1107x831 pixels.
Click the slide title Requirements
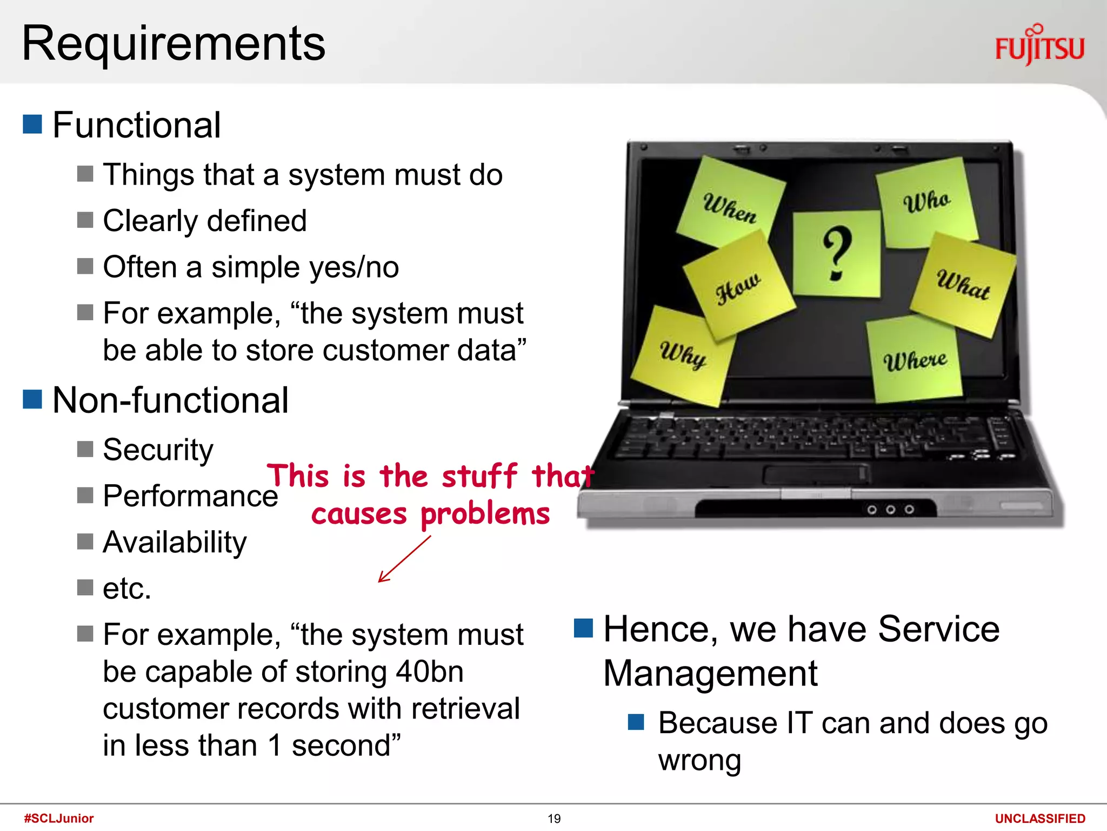tap(174, 43)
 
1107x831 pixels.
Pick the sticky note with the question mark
tap(836, 253)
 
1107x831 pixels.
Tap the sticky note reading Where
tap(915, 360)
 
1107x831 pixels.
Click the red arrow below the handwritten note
tap(404, 559)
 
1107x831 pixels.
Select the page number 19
tap(554, 819)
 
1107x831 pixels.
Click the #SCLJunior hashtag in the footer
tap(59, 818)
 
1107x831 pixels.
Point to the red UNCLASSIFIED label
tap(1040, 819)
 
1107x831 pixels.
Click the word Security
tap(158, 450)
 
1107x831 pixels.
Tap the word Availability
tap(175, 542)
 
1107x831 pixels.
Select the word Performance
tap(190, 496)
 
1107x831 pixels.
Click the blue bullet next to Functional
tap(32, 124)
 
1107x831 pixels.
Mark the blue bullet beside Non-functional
tap(32, 399)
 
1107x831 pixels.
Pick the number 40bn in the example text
tap(430, 672)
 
